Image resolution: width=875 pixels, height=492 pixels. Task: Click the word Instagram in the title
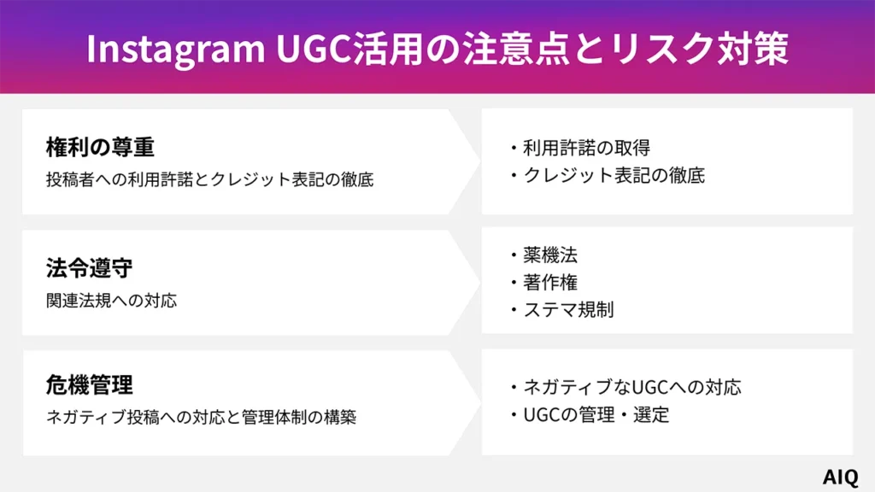[175, 49]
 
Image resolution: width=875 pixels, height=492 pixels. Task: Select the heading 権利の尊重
[100, 148]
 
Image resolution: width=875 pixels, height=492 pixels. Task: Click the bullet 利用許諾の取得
[586, 148]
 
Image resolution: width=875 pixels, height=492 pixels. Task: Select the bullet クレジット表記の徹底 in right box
[614, 176]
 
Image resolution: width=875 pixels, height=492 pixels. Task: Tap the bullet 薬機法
[550, 255]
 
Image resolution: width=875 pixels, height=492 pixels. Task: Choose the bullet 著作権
[550, 282]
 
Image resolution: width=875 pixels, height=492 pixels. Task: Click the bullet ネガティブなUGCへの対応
[631, 387]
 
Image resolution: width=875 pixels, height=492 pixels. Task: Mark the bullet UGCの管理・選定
[596, 415]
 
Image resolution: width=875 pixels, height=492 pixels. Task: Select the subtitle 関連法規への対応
[112, 301]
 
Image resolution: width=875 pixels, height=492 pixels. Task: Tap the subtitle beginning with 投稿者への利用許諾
[209, 180]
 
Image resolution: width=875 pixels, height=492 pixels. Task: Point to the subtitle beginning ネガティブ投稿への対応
[201, 418]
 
